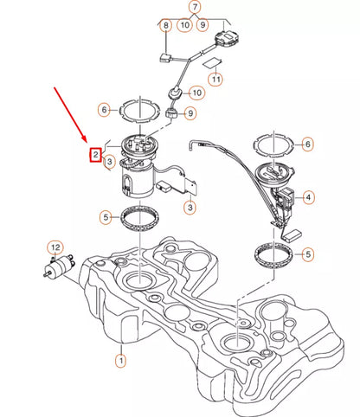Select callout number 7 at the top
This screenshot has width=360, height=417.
click(x=196, y=9)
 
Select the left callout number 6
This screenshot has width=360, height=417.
click(x=104, y=110)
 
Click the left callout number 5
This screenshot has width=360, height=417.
click(x=104, y=218)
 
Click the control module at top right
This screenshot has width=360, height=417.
click(x=229, y=39)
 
